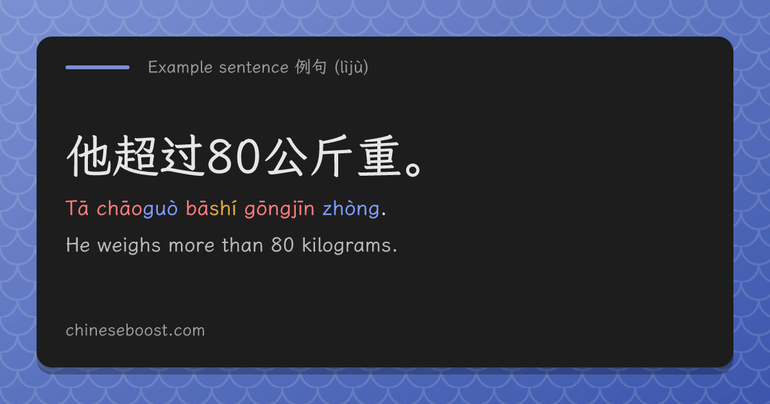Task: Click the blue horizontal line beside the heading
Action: pos(98,67)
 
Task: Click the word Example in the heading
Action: pos(180,67)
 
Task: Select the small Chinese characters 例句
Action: pos(311,67)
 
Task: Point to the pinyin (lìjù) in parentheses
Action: pos(352,67)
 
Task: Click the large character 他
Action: pos(89,156)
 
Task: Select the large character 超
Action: pos(137,156)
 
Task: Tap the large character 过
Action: pos(183,156)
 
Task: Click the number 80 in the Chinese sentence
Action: pos(234,157)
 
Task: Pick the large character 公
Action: pos(286,156)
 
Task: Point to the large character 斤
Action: pos(332,156)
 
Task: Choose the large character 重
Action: pos(379,156)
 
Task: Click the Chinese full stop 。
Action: pos(413,169)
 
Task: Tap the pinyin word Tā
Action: pos(77,208)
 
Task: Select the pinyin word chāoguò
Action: pos(137,208)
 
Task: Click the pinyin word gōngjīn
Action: pos(280,210)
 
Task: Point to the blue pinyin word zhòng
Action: pos(351,210)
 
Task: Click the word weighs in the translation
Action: pos(129,246)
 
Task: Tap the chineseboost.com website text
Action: pos(135,330)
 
